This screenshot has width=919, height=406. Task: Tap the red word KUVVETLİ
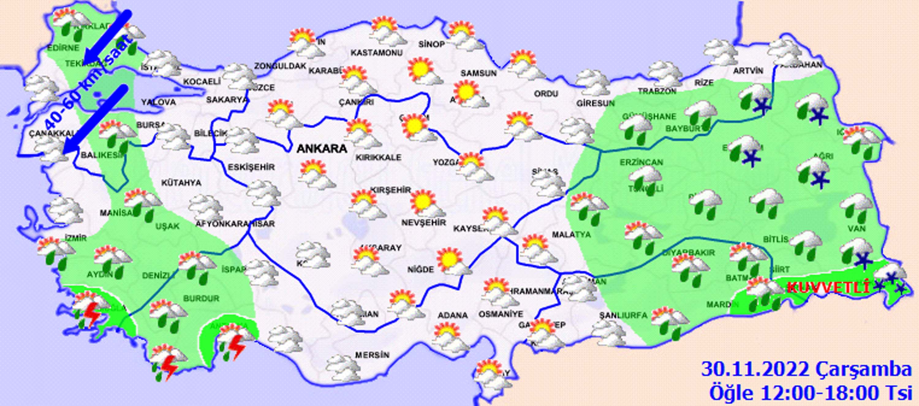coord(828,287)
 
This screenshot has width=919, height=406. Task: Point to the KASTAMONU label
coord(376,53)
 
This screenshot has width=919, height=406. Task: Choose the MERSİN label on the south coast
coord(372,355)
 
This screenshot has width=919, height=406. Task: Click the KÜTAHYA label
coord(181,183)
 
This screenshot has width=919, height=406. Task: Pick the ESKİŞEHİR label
coord(251,167)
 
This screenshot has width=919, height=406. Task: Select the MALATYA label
coord(571,235)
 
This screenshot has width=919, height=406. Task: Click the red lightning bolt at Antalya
coord(236,346)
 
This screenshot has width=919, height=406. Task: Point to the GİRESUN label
coord(596,103)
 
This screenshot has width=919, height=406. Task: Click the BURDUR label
coord(201,298)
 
